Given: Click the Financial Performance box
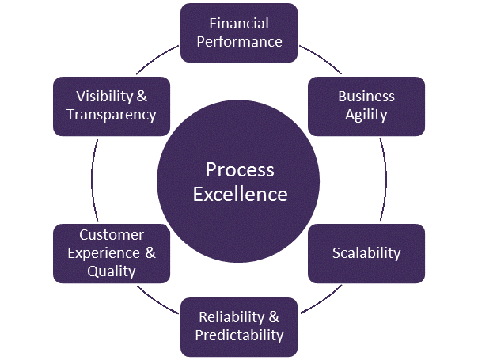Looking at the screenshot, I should coord(239,32).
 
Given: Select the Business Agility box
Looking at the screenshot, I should coord(366,105).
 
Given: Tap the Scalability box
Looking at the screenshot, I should coord(366,253).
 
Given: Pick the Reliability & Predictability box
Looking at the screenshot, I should coord(239,326).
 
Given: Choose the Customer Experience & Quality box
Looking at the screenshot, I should coord(112,253).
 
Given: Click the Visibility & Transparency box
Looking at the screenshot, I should coord(112,105).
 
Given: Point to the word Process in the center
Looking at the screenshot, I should coord(239,169).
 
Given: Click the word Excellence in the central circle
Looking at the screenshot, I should coord(239,193).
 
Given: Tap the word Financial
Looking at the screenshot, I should coord(239,24).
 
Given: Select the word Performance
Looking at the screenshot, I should coord(239,41).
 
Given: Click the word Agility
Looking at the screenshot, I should coord(366,115).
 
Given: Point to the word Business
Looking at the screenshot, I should coord(366,97).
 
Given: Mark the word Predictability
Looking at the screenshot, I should coord(239,335).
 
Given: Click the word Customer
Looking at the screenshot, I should coord(112,235).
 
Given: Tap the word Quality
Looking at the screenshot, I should coord(112,271).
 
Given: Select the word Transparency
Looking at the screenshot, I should coord(112,115).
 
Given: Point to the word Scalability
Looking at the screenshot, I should coord(366,253).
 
